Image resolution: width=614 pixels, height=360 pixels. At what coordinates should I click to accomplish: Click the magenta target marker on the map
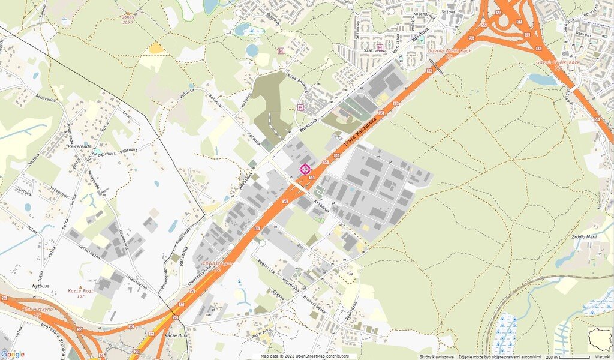coord(305,169)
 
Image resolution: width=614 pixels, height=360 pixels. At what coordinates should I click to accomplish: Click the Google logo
coord(13,354)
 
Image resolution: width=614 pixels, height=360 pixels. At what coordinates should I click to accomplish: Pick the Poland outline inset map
coord(599,339)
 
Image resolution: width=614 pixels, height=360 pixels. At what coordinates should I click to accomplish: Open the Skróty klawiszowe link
coord(437,356)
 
